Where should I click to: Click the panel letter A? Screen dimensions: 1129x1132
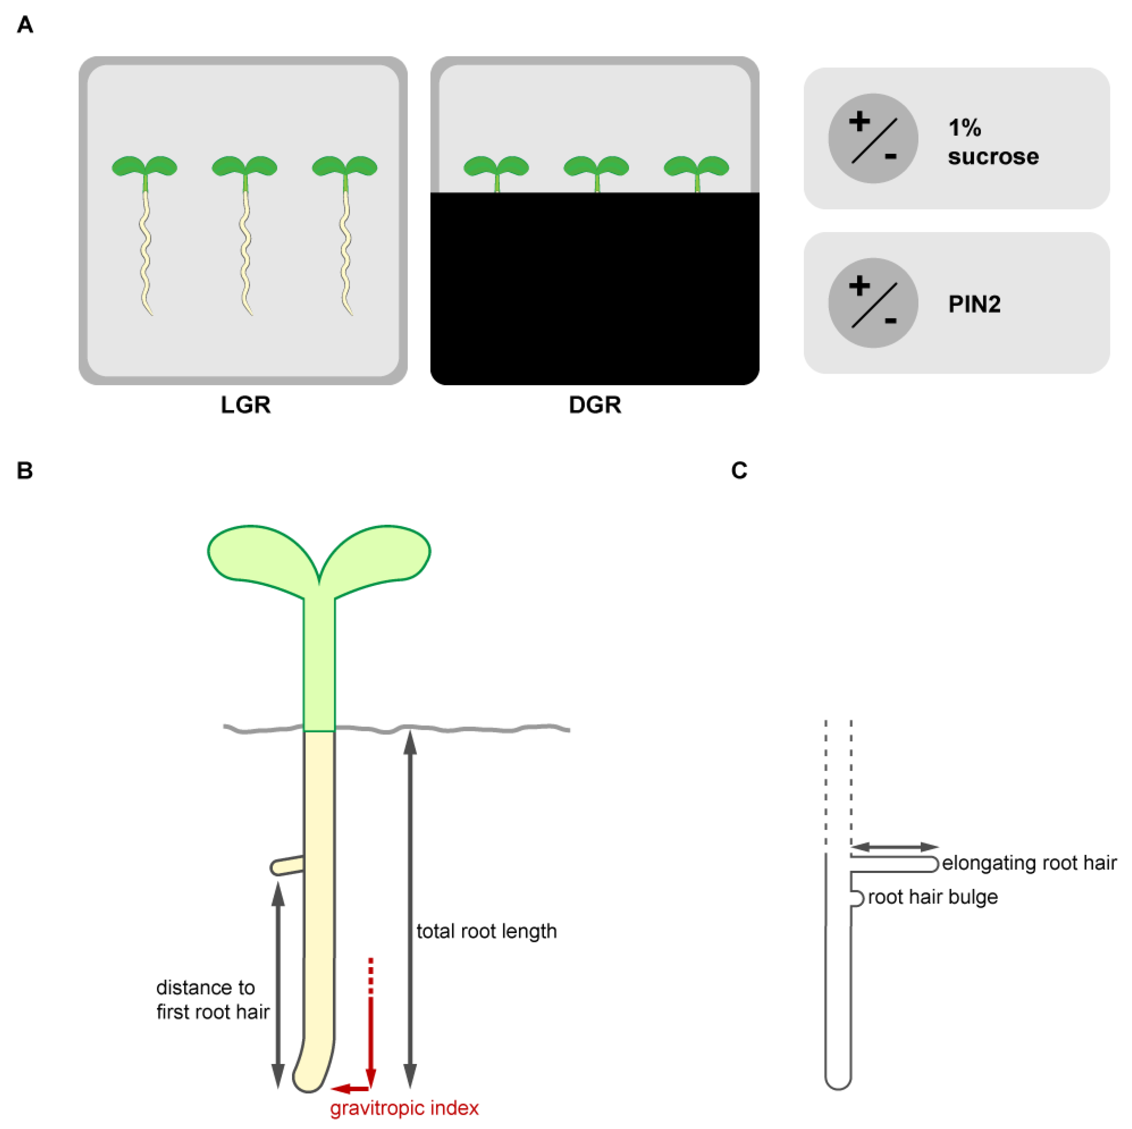pyautogui.click(x=25, y=25)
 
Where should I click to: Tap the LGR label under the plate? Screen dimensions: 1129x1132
pyautogui.click(x=246, y=405)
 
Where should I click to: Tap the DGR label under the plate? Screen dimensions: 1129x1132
pyautogui.click(x=595, y=405)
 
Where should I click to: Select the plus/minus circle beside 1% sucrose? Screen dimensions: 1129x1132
pyautogui.click(x=873, y=139)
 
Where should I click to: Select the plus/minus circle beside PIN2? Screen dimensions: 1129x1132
pyautogui.click(x=873, y=303)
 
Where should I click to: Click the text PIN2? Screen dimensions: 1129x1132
pyautogui.click(x=974, y=304)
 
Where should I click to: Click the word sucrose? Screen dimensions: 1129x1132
pyautogui.click(x=993, y=157)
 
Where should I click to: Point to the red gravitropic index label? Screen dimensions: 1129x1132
pyautogui.click(x=404, y=1108)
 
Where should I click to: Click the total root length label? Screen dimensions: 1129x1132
pyautogui.click(x=486, y=931)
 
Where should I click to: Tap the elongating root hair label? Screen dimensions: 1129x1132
pyautogui.click(x=1029, y=863)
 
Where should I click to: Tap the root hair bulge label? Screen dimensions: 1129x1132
pyautogui.click(x=933, y=897)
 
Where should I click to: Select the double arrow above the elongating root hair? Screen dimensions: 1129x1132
pyautogui.click(x=894, y=847)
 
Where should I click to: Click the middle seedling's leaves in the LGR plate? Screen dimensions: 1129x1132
pyautogui.click(x=244, y=166)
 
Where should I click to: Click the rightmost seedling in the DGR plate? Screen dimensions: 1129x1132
pyautogui.click(x=696, y=170)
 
